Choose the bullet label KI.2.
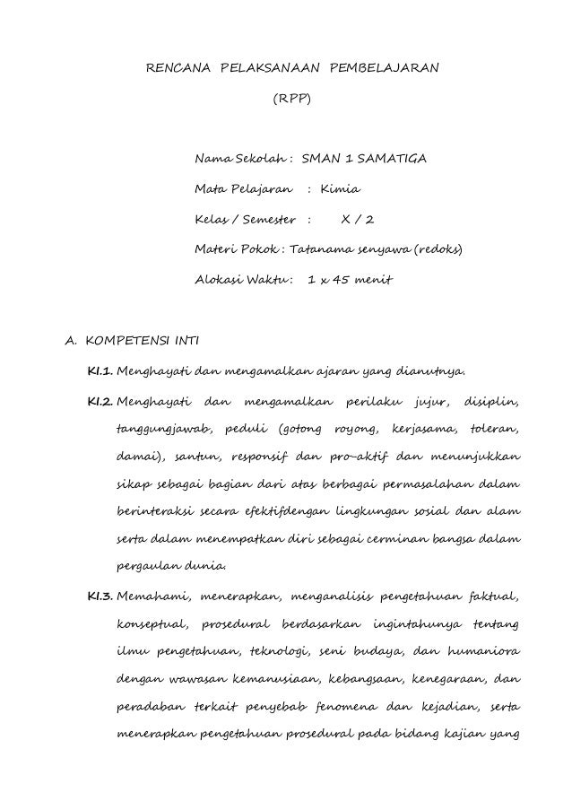(x=99, y=401)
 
